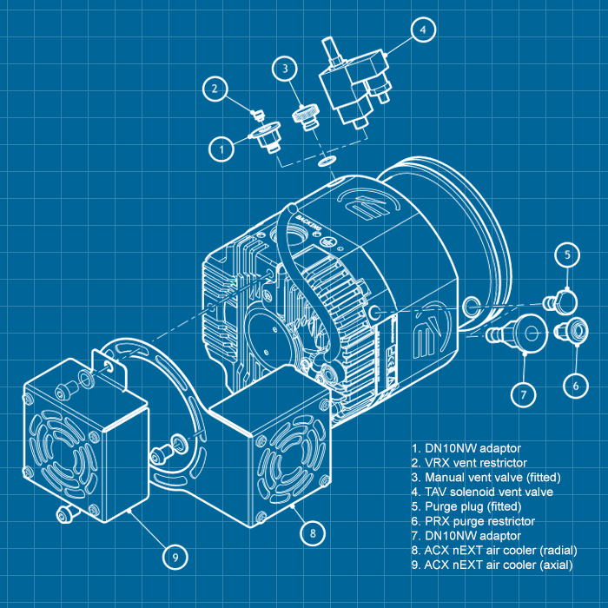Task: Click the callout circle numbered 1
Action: tap(223, 149)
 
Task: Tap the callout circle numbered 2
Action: tap(217, 88)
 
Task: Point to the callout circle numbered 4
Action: tap(422, 30)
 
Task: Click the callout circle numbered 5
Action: tap(567, 255)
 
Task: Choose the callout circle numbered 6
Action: tap(575, 383)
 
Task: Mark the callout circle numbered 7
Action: tap(523, 394)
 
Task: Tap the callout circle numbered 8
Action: tap(312, 531)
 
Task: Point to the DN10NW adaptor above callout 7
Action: tap(521, 332)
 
